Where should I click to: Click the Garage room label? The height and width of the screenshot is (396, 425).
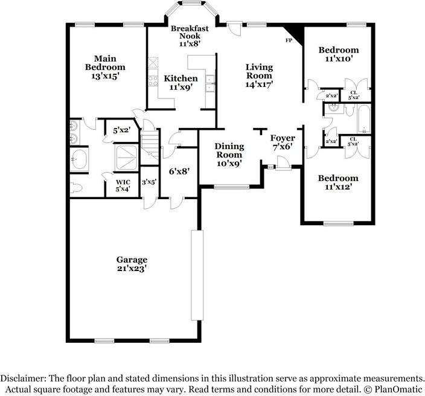[x=132, y=260]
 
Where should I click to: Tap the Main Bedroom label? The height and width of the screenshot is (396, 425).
[x=105, y=63]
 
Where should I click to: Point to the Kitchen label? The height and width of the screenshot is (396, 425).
[x=181, y=78]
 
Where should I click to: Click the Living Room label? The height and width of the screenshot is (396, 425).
[x=259, y=72]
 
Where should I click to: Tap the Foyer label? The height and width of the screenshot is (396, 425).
[x=282, y=138]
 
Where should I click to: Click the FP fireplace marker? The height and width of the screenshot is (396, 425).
[x=289, y=40]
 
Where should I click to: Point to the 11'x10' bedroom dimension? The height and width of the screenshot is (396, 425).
[x=338, y=59]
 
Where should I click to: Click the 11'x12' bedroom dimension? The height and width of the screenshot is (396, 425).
[x=338, y=187]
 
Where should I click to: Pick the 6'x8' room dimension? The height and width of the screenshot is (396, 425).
[x=179, y=171]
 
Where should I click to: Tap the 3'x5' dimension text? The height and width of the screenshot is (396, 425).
[x=149, y=182]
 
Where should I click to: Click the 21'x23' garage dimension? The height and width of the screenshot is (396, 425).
[x=132, y=269]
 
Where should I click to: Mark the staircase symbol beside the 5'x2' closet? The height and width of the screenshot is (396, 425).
[x=150, y=147]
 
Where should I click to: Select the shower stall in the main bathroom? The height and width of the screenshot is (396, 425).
[x=127, y=156]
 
